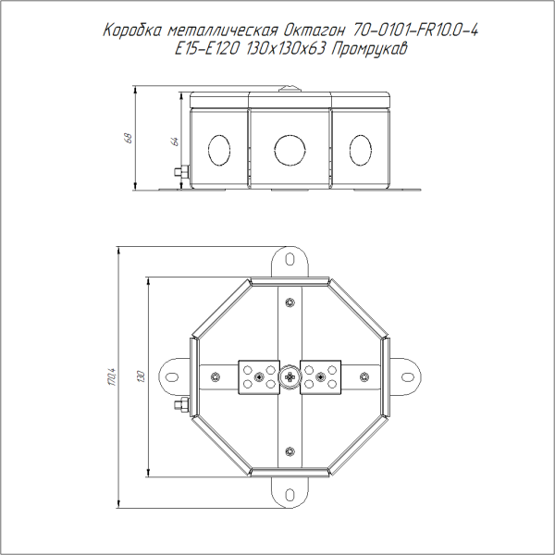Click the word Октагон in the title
(314, 31)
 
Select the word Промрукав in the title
(369, 49)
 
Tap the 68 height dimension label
(129, 138)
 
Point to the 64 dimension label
(175, 142)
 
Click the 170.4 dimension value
(113, 376)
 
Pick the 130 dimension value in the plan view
(142, 376)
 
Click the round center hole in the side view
(290, 150)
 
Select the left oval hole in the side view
(219, 150)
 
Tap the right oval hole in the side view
(361, 150)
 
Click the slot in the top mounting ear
(290, 259)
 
